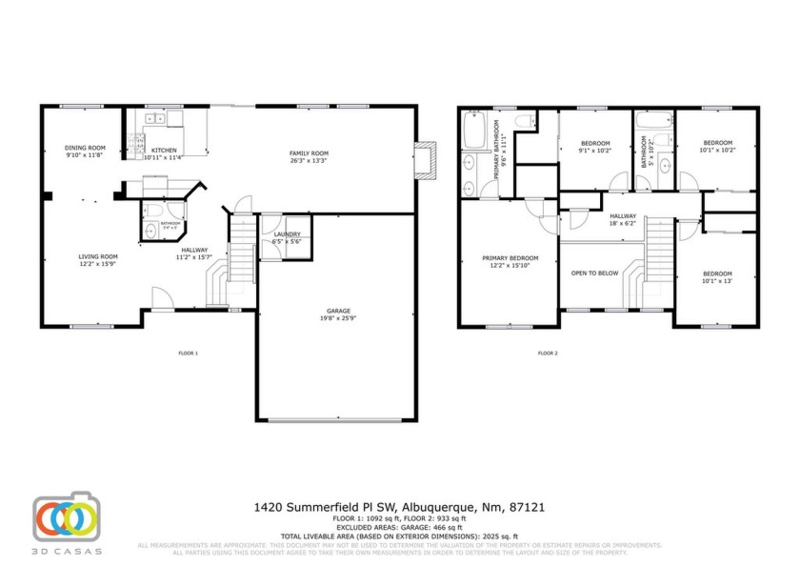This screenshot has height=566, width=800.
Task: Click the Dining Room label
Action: click(85, 148)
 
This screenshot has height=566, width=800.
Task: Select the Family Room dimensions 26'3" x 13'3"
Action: click(309, 161)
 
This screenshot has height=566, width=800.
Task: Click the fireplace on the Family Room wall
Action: click(426, 158)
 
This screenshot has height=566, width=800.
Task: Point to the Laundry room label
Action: click(287, 234)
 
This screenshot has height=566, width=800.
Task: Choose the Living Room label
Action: click(98, 255)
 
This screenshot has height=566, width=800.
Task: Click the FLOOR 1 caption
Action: click(189, 354)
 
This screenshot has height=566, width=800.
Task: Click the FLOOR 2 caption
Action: click(548, 354)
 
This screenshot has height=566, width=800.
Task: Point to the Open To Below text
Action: click(594, 273)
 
